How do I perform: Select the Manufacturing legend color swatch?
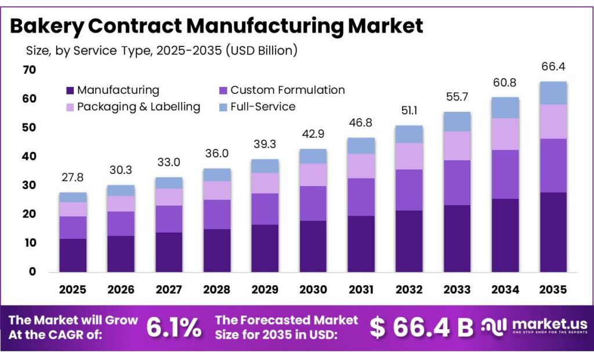(x=70, y=90)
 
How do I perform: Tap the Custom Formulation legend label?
(x=287, y=90)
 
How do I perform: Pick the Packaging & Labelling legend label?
(x=139, y=107)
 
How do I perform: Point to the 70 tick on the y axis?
(x=29, y=70)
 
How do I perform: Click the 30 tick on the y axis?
(x=29, y=186)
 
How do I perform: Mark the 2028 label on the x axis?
(x=217, y=289)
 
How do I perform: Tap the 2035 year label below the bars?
(x=553, y=289)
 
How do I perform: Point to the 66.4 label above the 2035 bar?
(x=553, y=67)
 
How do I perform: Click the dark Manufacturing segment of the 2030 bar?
(x=313, y=246)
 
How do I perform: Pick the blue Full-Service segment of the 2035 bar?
(x=553, y=93)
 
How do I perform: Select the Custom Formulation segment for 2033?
(x=457, y=183)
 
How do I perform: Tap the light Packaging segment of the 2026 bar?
(x=121, y=203)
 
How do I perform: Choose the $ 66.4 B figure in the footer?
(x=422, y=328)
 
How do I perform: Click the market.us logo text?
(x=550, y=325)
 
